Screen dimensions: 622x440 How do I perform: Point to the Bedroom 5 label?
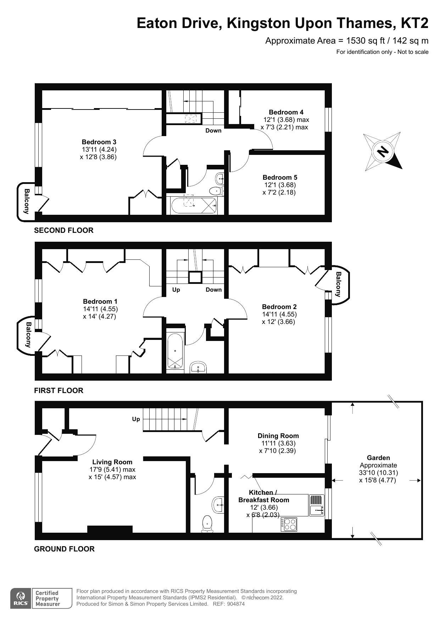280,177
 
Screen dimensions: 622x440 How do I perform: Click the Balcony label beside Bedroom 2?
338,284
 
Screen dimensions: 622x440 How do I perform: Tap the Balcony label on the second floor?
27,201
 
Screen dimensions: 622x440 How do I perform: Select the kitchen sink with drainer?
317,505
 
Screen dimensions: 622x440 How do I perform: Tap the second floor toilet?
215,191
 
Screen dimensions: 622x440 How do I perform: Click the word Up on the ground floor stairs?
136,419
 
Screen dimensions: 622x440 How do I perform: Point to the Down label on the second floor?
213,130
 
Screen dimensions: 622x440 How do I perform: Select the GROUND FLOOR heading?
64,549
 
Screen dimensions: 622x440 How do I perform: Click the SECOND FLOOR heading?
64,230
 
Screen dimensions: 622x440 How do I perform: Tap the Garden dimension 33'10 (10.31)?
378,473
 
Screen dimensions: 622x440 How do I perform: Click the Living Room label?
112,462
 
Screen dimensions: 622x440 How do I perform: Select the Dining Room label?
278,436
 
